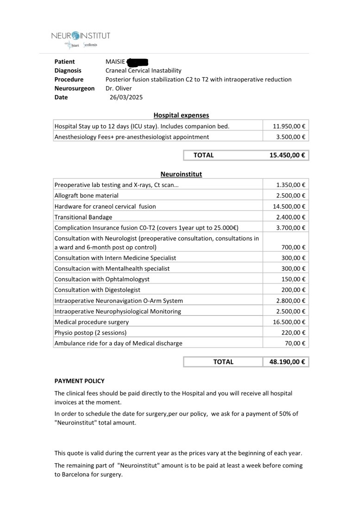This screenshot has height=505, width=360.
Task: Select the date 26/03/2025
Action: coord(126,97)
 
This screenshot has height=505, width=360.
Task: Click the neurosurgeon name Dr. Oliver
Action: coord(119,88)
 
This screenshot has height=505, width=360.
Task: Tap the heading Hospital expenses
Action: coord(181,115)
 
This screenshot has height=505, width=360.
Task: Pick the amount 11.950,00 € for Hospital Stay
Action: coord(289,126)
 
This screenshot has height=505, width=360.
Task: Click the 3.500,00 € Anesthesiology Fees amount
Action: coord(291,137)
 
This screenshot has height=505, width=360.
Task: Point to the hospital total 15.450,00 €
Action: coord(287,155)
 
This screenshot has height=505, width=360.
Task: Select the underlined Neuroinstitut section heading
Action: coord(181,174)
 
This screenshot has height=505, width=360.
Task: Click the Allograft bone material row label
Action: coord(86,196)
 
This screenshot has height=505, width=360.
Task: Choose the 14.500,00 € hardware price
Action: coord(289,206)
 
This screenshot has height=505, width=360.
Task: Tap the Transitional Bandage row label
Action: coord(83,217)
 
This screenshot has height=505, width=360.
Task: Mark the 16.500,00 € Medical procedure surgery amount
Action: coord(289,322)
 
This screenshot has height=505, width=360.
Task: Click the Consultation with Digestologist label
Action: coord(97,290)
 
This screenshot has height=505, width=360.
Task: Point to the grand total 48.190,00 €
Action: coord(287,362)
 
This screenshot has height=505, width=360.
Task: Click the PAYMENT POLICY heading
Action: coord(80,381)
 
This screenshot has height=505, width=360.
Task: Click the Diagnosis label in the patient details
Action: coord(68,70)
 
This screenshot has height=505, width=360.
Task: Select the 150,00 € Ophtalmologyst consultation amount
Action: coord(293,279)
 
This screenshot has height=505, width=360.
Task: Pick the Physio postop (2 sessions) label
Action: coord(90,332)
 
